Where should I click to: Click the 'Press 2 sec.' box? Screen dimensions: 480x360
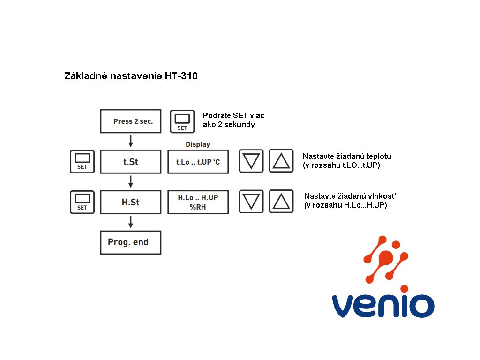[x=131, y=121]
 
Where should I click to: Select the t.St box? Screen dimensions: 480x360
[x=131, y=162]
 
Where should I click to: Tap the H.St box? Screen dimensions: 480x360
[x=131, y=202]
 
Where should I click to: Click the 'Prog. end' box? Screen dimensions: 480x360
[x=131, y=242]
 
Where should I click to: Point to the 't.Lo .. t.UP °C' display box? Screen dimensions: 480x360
[x=198, y=162]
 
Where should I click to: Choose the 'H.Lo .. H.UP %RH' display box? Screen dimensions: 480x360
[x=198, y=202]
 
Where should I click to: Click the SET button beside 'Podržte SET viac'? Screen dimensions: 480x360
[x=182, y=121]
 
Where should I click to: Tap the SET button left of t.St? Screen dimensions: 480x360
[x=82, y=162]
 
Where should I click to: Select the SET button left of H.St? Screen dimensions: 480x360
[x=82, y=202]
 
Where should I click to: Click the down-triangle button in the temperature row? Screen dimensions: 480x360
[x=251, y=161]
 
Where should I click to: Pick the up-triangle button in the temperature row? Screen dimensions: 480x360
[x=281, y=161]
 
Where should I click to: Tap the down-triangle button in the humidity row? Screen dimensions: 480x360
[x=251, y=202]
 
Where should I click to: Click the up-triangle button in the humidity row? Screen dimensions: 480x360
[x=281, y=202]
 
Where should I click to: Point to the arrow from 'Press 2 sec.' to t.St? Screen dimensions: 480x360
[x=131, y=141]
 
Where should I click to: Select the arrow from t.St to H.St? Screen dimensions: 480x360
[x=131, y=181]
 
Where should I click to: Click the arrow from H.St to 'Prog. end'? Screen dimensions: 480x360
[x=131, y=222]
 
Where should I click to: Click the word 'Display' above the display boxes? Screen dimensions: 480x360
[x=198, y=144]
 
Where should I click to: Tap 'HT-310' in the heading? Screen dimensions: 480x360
[x=181, y=76]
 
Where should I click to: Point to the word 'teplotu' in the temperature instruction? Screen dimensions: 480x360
[x=379, y=157]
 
